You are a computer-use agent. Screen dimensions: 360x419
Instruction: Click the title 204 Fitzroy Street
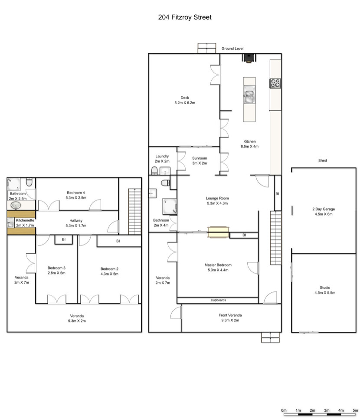click(185, 17)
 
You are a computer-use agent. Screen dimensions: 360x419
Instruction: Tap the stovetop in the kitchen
click(275, 83)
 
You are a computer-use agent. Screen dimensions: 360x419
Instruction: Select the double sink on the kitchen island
click(249, 94)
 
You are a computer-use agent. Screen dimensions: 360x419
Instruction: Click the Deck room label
click(185, 98)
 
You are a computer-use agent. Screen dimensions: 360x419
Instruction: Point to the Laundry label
click(162, 156)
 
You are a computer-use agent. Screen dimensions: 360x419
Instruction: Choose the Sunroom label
click(200, 158)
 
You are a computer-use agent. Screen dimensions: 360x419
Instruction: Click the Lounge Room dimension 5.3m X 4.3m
click(217, 203)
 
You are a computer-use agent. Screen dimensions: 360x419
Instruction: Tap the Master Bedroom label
click(218, 265)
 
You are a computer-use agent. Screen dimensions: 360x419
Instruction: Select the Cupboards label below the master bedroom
click(218, 300)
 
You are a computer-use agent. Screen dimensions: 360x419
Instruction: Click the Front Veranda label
click(230, 315)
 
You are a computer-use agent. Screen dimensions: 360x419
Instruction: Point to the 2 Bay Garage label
click(324, 209)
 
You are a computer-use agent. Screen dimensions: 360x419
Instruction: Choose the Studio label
click(325, 288)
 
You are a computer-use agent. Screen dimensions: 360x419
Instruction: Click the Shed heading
click(322, 160)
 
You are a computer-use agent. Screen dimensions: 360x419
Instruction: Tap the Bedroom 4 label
click(76, 193)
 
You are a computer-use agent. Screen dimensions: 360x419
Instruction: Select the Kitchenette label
click(25, 220)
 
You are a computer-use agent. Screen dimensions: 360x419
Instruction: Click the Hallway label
click(76, 221)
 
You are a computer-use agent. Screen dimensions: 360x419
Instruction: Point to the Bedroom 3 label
click(56, 268)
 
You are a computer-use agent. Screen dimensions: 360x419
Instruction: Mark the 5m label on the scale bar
click(355, 410)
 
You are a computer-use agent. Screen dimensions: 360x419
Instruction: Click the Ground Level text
click(232, 49)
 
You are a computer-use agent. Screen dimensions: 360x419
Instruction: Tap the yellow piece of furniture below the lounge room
click(218, 232)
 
